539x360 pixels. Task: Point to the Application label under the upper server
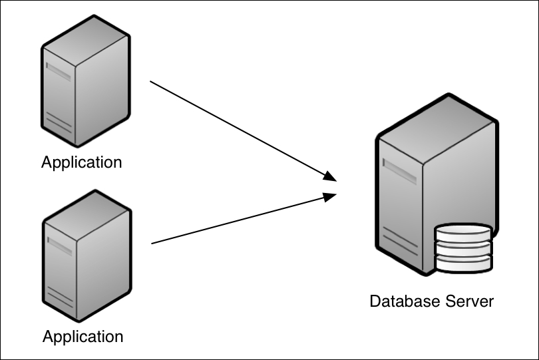[82, 162]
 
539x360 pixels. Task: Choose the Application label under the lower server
[83, 336]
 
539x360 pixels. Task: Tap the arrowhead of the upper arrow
[331, 178]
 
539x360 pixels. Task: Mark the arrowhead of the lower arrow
[331, 196]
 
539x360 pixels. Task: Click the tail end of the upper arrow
[152, 82]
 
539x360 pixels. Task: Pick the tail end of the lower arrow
[153, 243]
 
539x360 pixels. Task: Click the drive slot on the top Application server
[59, 71]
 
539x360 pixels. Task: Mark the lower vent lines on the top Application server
[59, 124]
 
